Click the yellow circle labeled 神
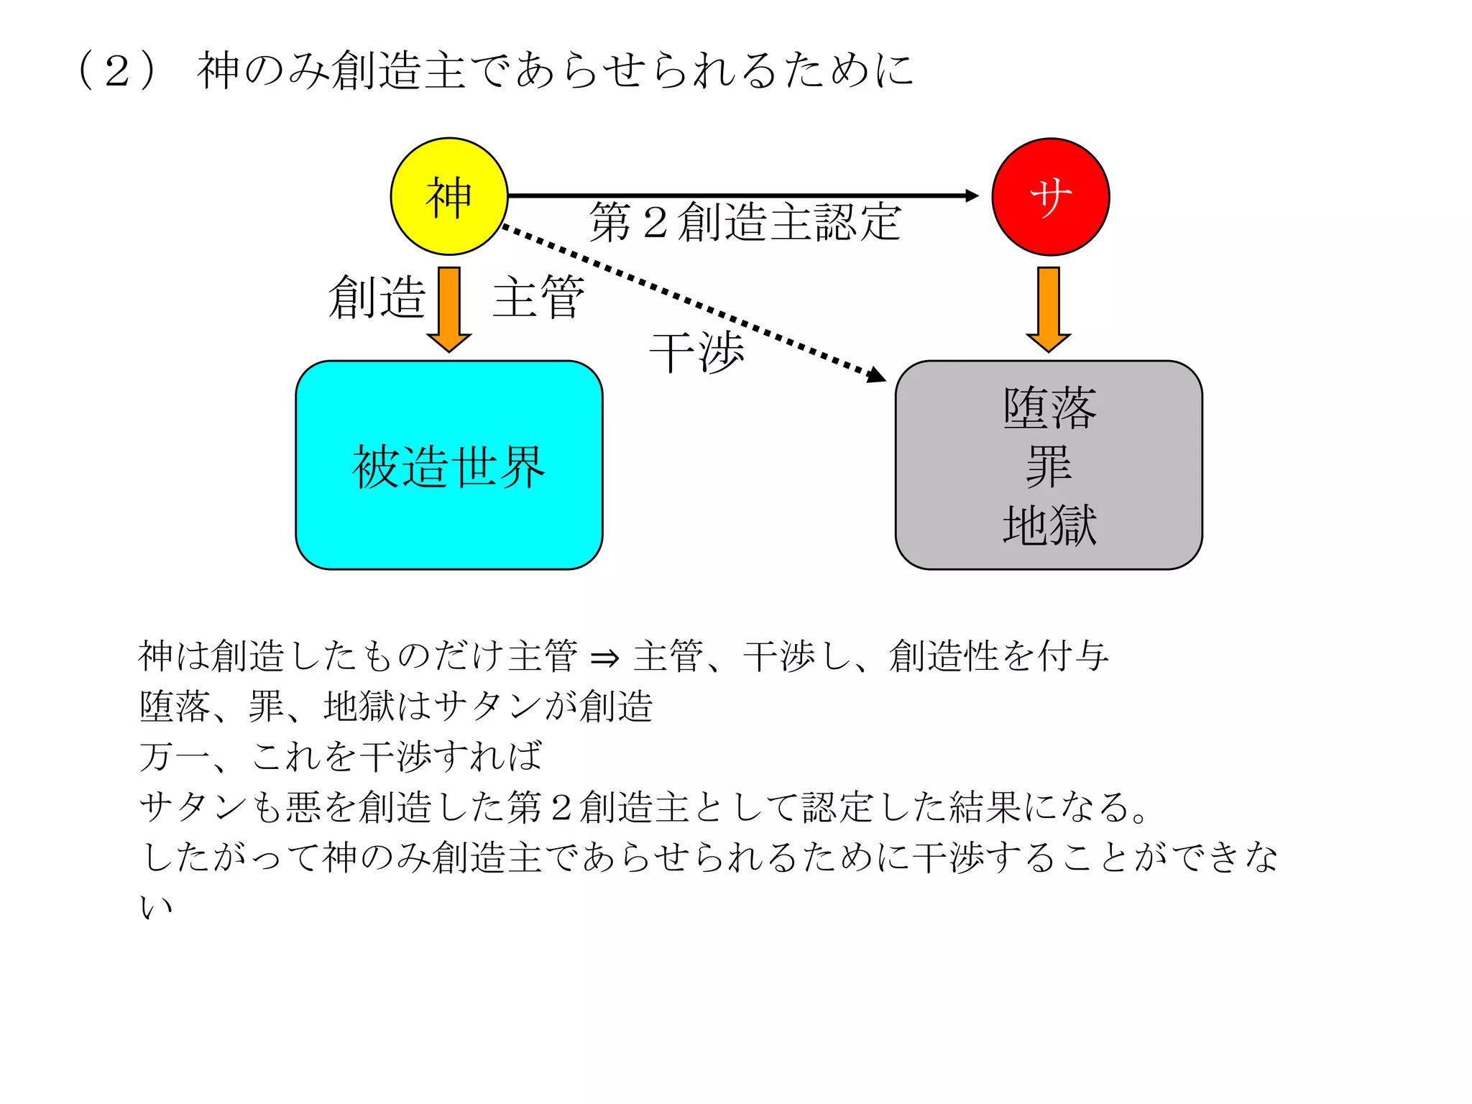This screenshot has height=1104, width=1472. pyautogui.click(x=449, y=196)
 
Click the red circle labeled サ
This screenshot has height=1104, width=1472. pyautogui.click(x=1050, y=196)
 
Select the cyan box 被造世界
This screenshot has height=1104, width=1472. pyautogui.click(x=449, y=465)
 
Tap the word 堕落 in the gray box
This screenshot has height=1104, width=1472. pyautogui.click(x=1049, y=408)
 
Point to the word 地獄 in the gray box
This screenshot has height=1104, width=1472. pyautogui.click(x=1049, y=525)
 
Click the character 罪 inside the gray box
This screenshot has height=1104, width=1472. pyautogui.click(x=1049, y=466)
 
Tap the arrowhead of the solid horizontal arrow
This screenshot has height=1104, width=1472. pyautogui.click(x=972, y=195)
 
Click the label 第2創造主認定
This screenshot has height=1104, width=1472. pyautogui.click(x=745, y=221)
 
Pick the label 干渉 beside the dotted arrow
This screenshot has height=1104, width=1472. pyautogui.click(x=696, y=352)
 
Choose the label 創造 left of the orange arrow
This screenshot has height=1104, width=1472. pyautogui.click(x=377, y=297)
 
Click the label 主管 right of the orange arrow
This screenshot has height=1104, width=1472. pyautogui.click(x=538, y=297)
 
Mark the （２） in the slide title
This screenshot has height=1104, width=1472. pyautogui.click(x=116, y=70)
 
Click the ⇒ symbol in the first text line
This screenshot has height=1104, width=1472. pyautogui.click(x=604, y=657)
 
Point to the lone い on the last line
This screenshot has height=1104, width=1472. pyautogui.click(x=156, y=907)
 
